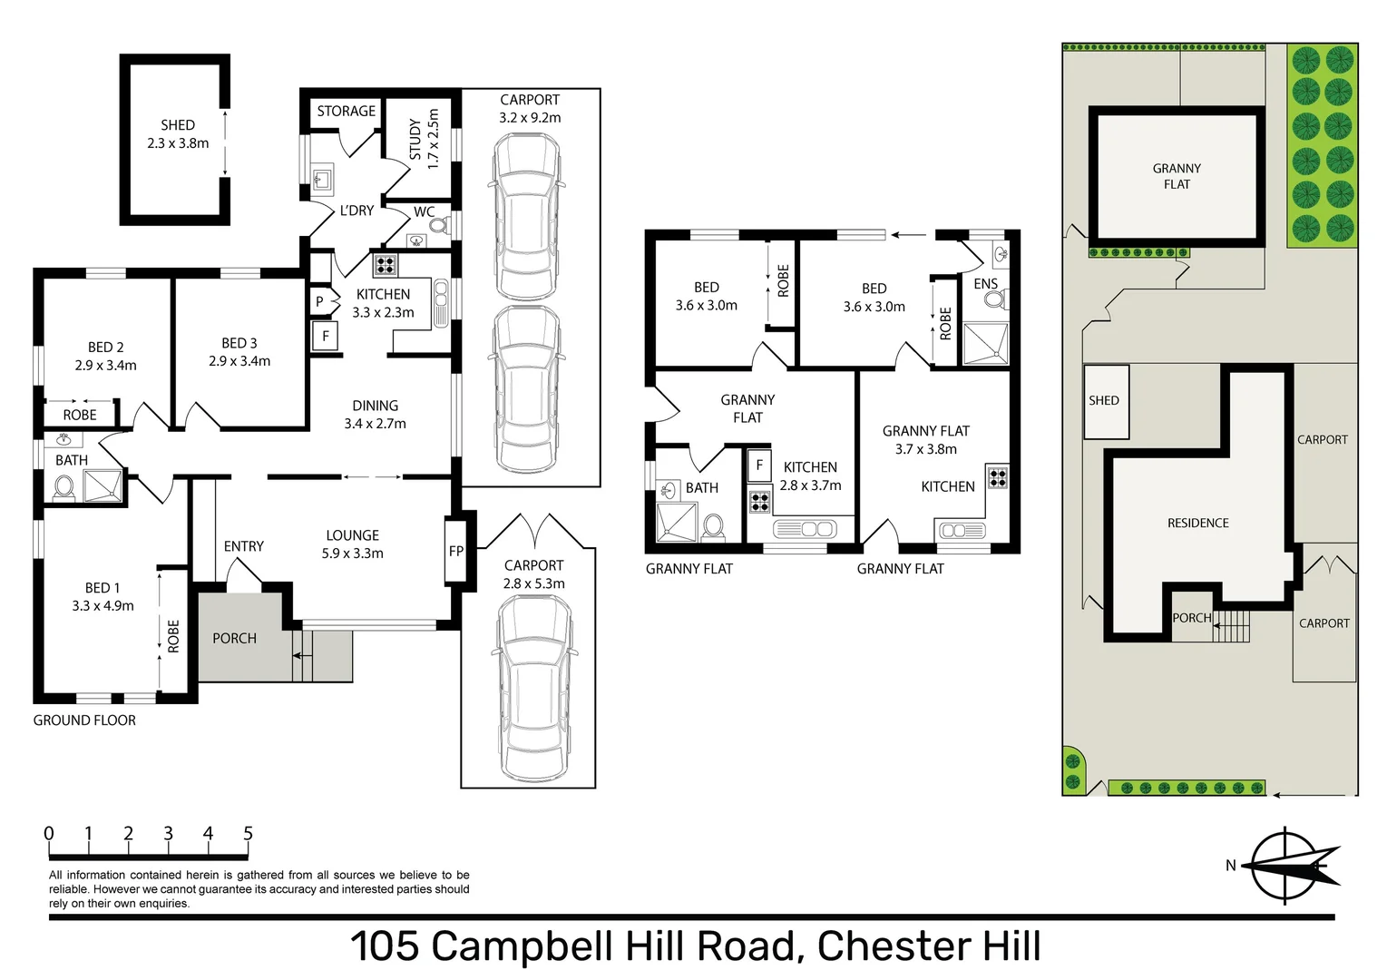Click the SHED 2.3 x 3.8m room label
(x=178, y=134)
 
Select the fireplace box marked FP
(x=455, y=551)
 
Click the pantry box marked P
(x=319, y=302)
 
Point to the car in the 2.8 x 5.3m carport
(x=534, y=690)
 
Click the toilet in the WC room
(x=439, y=224)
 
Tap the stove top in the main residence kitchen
(x=386, y=265)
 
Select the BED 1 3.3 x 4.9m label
(x=103, y=597)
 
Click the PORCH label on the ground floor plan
(x=234, y=639)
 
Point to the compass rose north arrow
(x=1288, y=866)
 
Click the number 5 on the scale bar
(x=248, y=834)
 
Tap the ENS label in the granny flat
(x=985, y=284)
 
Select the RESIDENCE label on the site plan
(x=1197, y=524)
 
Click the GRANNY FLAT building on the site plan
(x=1177, y=176)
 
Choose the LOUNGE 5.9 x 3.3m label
(x=352, y=544)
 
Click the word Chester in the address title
(x=891, y=946)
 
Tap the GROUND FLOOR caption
(x=84, y=720)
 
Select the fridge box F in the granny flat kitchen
(x=758, y=465)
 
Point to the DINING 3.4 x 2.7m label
(x=375, y=415)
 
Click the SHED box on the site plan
(x=1105, y=401)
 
